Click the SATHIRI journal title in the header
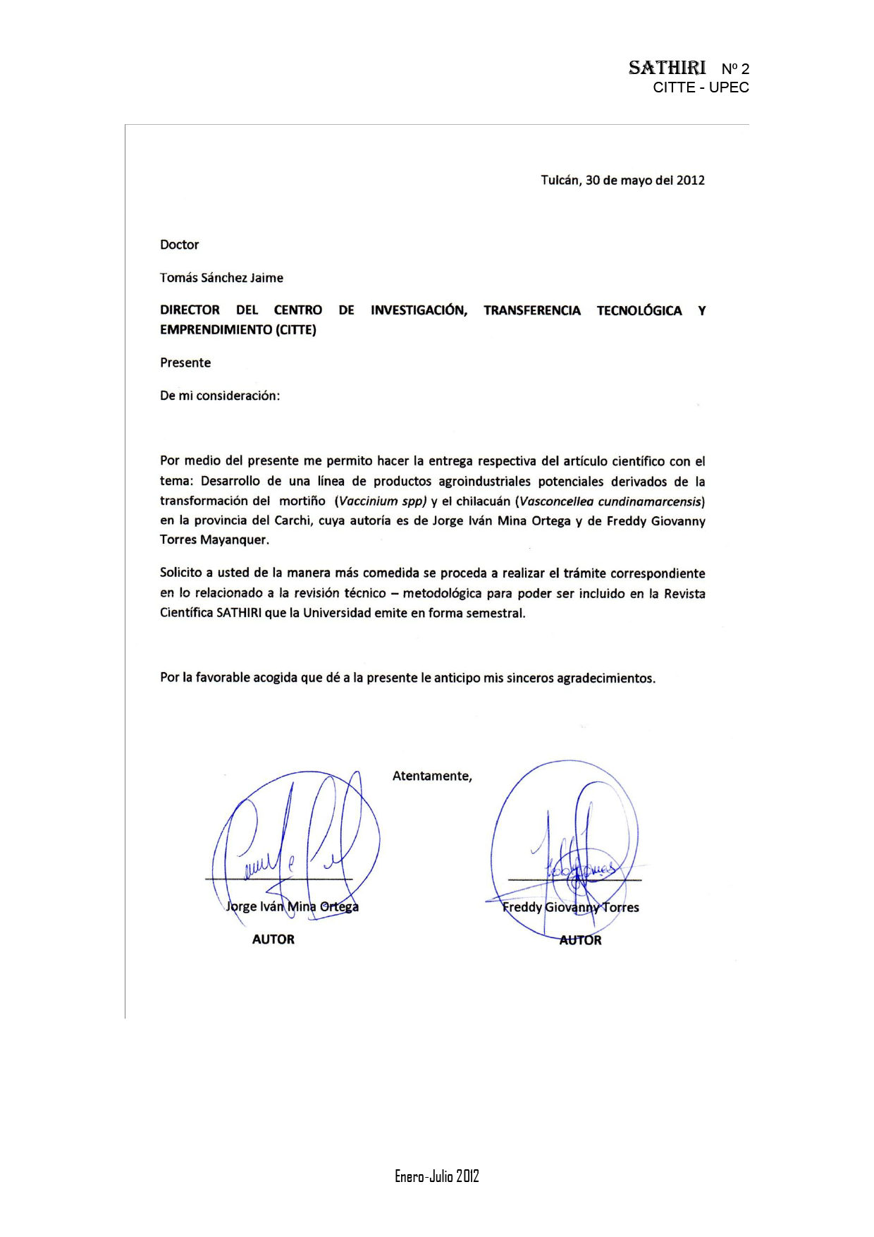(666, 68)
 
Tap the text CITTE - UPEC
(701, 87)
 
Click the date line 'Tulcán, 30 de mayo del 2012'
(622, 181)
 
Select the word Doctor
(179, 245)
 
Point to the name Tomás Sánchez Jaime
(221, 278)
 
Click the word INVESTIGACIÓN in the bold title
(419, 310)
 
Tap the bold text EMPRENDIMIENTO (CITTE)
(238, 329)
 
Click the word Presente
(185, 362)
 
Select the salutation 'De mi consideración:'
(219, 396)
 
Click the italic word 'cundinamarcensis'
(650, 501)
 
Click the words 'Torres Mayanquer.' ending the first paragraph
(214, 540)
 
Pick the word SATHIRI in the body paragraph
(239, 613)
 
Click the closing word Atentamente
(431, 776)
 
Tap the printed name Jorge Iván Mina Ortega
(292, 906)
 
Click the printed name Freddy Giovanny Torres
(570, 907)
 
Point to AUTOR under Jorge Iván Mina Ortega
(273, 939)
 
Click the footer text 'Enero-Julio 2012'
(436, 1176)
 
